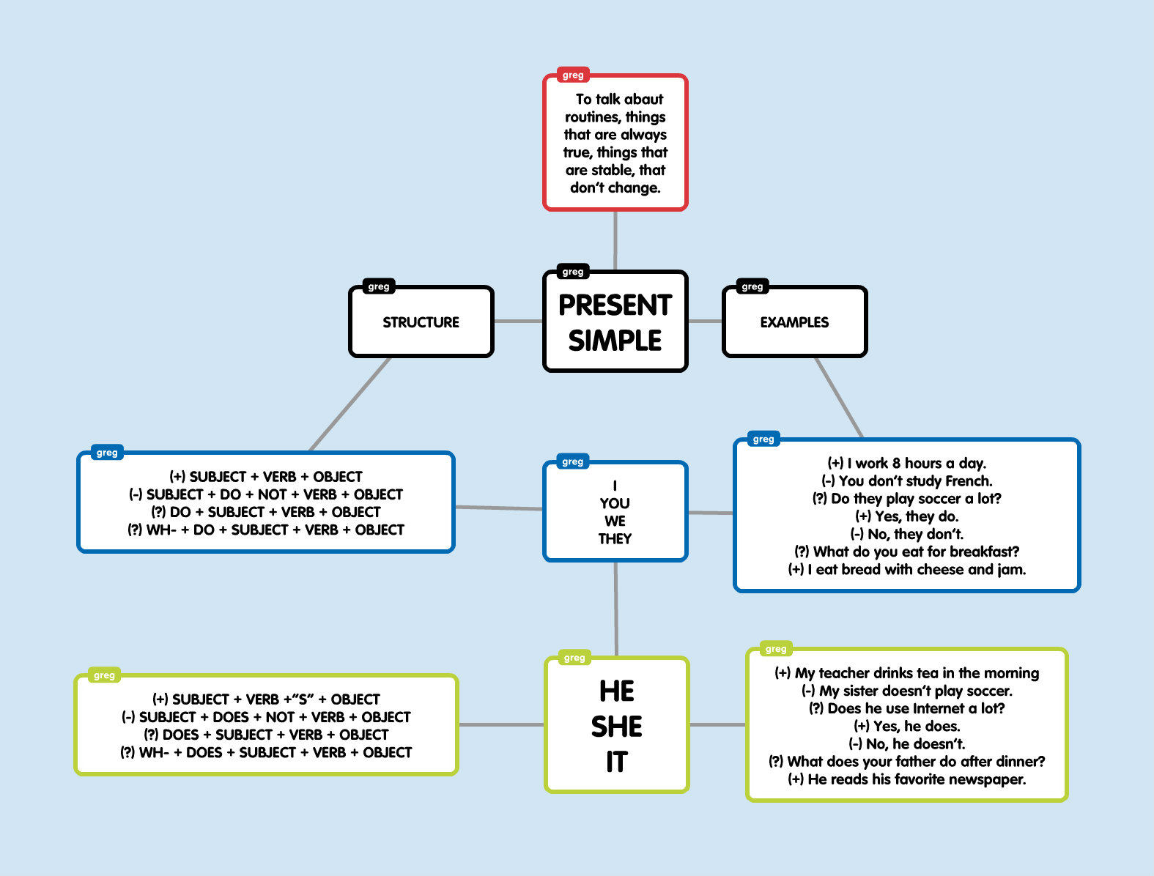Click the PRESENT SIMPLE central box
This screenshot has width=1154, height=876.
point(615,322)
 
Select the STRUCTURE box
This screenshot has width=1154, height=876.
point(421,322)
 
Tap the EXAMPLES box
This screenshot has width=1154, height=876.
point(794,322)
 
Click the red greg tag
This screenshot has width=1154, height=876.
point(573,75)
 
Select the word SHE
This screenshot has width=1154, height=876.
point(616,727)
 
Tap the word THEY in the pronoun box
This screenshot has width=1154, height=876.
point(615,539)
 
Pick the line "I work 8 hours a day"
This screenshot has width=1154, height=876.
point(907,463)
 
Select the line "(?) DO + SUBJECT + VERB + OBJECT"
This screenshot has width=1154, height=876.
point(266,512)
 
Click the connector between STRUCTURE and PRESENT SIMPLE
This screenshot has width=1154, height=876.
point(518,321)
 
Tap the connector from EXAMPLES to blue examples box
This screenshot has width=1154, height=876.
point(839,398)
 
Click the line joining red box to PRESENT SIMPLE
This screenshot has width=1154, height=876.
point(615,240)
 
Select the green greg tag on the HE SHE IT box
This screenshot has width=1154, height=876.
point(574,658)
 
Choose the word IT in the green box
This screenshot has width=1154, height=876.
point(616,762)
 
